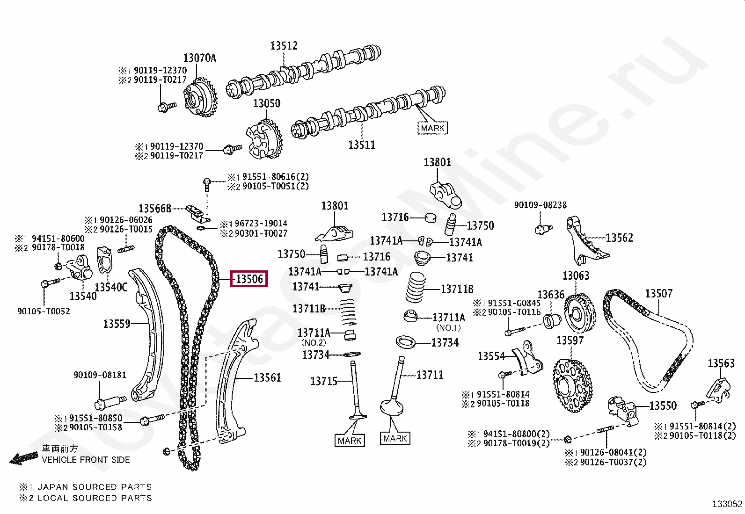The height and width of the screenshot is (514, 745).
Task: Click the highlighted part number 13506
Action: (249, 279)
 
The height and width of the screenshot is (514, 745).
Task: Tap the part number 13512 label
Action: (284, 46)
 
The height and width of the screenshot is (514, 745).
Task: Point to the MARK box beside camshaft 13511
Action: (432, 128)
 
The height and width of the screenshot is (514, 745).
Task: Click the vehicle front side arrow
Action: (23, 458)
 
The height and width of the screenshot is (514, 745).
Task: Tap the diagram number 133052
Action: (727, 504)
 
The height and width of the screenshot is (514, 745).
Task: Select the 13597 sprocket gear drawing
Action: (572, 386)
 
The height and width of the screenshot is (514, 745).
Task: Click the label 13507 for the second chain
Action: (658, 294)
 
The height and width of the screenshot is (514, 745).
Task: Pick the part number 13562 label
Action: (619, 238)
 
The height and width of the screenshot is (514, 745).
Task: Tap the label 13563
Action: (721, 363)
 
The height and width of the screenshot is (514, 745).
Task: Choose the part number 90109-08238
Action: (540, 205)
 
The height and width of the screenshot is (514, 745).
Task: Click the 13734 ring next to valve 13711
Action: (405, 342)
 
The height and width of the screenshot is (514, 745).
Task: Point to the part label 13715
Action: (324, 381)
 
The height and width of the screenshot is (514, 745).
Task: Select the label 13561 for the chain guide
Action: (267, 377)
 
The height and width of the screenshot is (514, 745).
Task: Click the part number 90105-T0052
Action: (44, 311)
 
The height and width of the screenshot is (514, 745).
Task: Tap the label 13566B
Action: (155, 209)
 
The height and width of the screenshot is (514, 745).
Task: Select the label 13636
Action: (551, 295)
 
